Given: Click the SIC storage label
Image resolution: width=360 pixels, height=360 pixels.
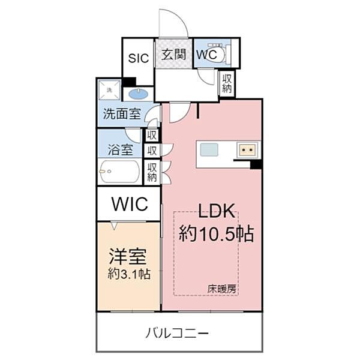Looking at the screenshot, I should click(x=137, y=58).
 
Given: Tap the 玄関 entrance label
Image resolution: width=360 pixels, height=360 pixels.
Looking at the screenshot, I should click(x=174, y=54).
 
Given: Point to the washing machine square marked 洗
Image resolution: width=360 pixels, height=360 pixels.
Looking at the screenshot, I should click(x=110, y=91).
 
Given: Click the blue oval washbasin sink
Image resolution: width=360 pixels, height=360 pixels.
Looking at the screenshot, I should click(x=139, y=94).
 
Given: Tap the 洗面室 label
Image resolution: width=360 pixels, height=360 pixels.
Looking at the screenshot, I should click(x=122, y=114).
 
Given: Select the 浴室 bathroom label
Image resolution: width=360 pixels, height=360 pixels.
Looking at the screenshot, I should click(x=120, y=150).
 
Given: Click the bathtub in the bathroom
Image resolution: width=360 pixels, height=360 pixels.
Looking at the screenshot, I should click(x=120, y=172).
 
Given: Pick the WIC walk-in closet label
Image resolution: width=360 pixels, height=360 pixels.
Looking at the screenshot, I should click(x=128, y=204).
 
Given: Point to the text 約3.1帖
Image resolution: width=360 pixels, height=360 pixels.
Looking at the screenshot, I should click(x=128, y=274).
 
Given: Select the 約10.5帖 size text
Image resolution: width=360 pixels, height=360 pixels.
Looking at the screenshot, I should click(x=216, y=233).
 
